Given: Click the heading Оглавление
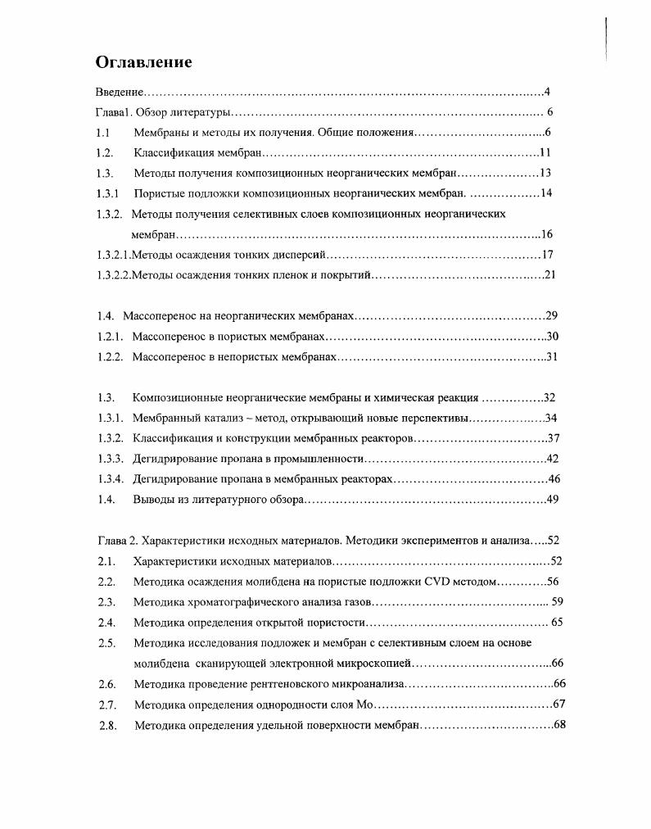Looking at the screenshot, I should [144, 62].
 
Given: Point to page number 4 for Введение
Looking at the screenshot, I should [546, 92].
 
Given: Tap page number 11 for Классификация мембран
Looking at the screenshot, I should [545, 152].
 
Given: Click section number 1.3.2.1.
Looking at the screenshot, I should [114, 255].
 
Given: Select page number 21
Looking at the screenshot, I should [549, 274].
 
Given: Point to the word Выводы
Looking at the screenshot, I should [156, 499].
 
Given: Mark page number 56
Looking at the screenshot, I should [553, 582].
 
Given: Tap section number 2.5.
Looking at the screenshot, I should [106, 643].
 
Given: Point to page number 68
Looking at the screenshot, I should [560, 725].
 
